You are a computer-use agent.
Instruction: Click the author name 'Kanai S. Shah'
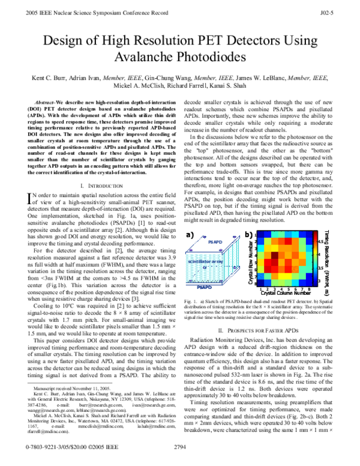(x=235, y=86)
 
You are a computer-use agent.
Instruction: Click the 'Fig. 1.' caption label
(x=192, y=298)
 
